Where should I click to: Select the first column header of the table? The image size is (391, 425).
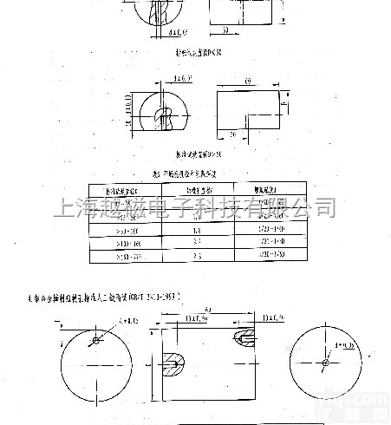[122, 188]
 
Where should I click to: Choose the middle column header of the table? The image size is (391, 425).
[194, 188]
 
